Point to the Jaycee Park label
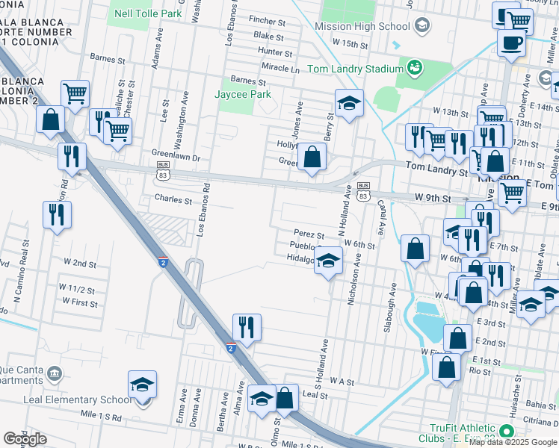pos(243,95)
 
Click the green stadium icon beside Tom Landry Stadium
pos(413,69)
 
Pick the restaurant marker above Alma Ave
pos(247,327)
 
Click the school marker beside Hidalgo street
pos(327,263)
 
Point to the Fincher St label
pos(268,22)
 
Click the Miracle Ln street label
pos(280,67)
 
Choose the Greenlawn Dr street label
pos(176,158)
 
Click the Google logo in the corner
pos(25,439)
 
